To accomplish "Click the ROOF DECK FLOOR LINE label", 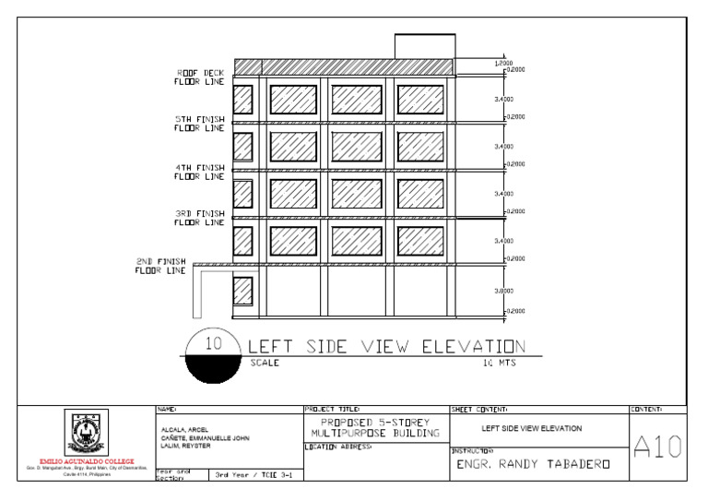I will point(200,77).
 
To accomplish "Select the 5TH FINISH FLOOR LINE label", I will point(200,124).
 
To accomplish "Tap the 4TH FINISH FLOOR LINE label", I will point(200,172).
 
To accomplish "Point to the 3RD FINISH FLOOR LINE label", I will point(200,218).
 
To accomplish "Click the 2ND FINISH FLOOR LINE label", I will point(161,266).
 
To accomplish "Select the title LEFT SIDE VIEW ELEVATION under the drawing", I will point(387,347).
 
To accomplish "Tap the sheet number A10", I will point(657,447).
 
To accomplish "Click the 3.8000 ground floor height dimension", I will point(503,291).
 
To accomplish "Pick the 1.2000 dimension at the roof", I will point(503,63).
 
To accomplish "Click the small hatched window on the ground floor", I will point(242,291).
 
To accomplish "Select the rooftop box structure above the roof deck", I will point(425,46).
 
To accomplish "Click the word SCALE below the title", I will point(265,364).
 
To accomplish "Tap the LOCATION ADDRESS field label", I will point(338,447).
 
